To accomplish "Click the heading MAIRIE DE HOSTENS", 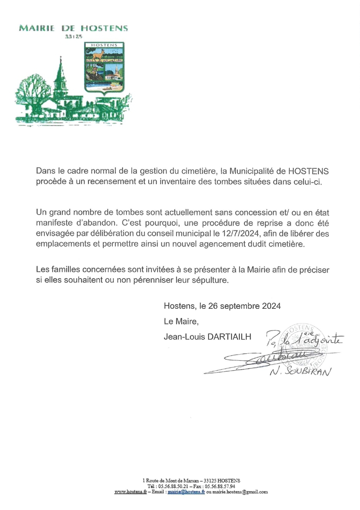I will click(x=73, y=28).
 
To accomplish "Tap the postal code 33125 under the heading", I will click(x=73, y=36).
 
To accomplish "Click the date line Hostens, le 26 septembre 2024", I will click(x=222, y=306).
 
